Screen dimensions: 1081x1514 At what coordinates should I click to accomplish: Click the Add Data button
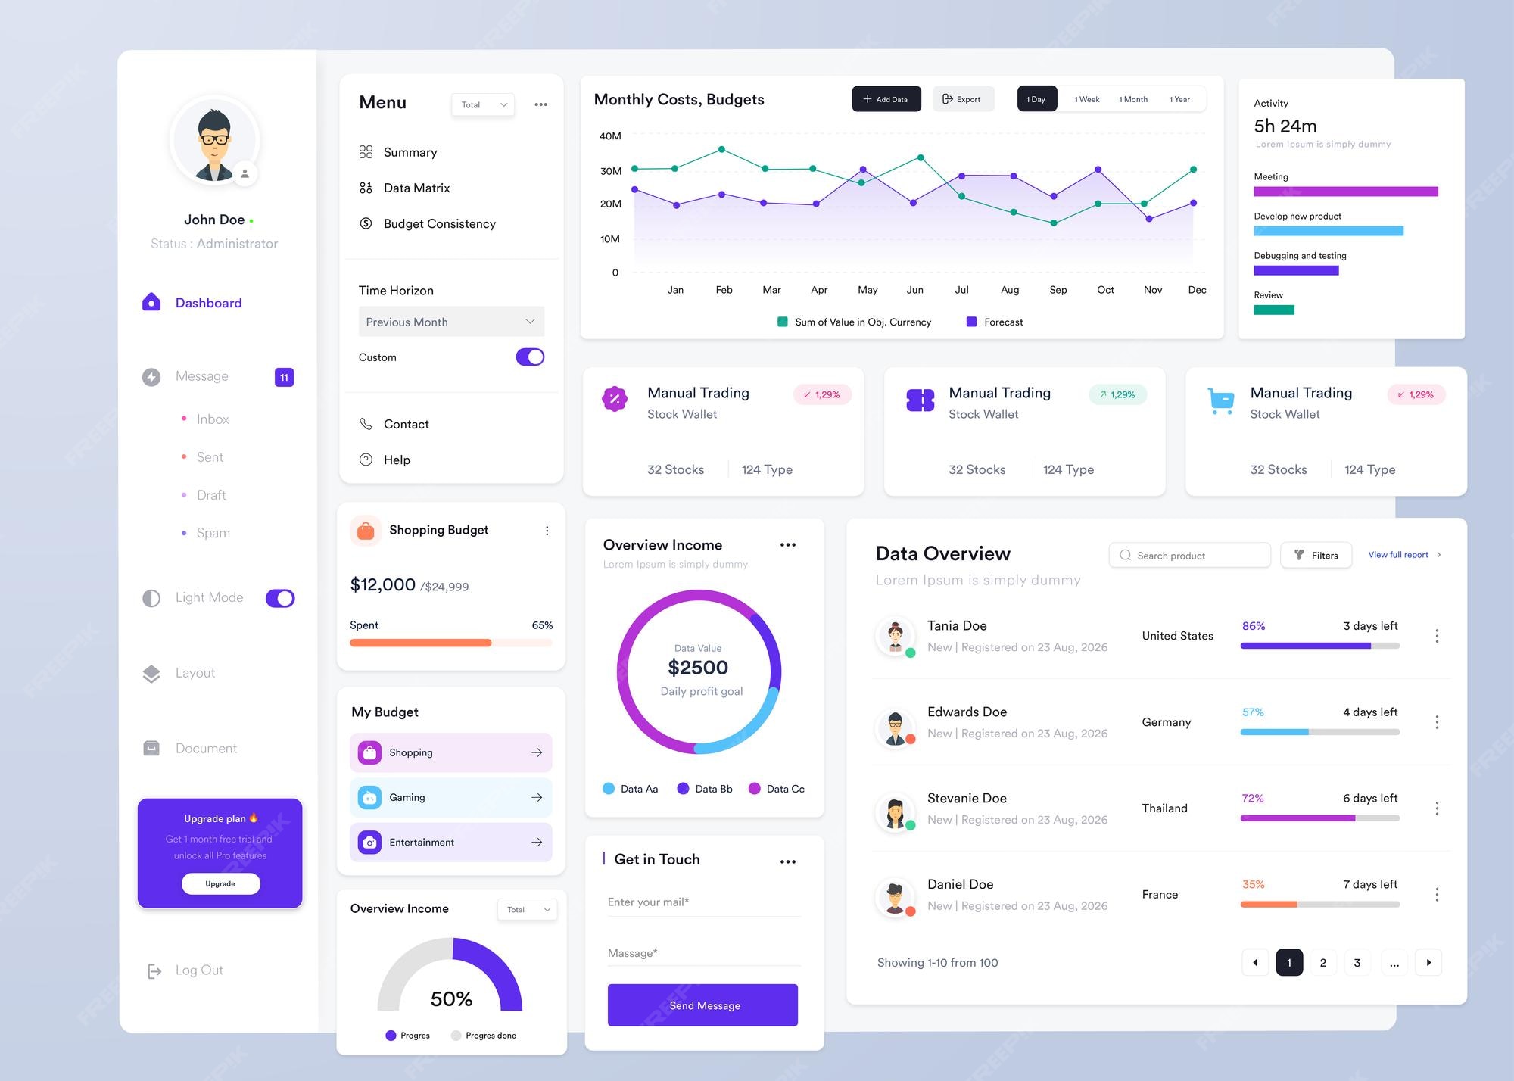pyautogui.click(x=886, y=99)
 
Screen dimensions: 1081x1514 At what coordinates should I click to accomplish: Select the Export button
pyautogui.click(x=962, y=99)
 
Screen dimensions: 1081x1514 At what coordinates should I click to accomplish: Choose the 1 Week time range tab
pyautogui.click(x=1086, y=99)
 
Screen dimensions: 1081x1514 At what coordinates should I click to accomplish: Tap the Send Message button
pyautogui.click(x=702, y=1005)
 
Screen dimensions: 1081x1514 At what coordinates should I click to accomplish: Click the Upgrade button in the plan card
pyautogui.click(x=220, y=883)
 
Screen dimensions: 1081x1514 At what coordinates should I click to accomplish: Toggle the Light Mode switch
pyautogui.click(x=280, y=598)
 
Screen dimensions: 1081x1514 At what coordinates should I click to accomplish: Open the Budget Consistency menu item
pyautogui.click(x=439, y=223)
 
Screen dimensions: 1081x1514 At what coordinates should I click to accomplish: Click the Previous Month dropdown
pyautogui.click(x=451, y=322)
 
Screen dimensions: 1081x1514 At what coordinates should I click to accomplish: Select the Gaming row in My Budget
pyautogui.click(x=451, y=797)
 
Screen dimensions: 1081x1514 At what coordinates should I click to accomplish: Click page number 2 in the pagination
pyautogui.click(x=1323, y=963)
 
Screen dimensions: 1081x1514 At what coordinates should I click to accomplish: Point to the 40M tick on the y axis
pyautogui.click(x=610, y=136)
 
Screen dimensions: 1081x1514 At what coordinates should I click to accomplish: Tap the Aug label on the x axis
pyautogui.click(x=1010, y=290)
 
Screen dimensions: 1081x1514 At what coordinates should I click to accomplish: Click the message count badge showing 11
pyautogui.click(x=284, y=377)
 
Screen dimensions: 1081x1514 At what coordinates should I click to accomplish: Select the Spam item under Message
pyautogui.click(x=213, y=533)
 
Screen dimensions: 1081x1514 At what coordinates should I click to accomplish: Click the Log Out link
pyautogui.click(x=198, y=970)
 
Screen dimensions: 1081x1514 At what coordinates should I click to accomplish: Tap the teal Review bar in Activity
pyautogui.click(x=1274, y=310)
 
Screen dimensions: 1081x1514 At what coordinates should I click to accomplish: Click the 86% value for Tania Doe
pyautogui.click(x=1254, y=626)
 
